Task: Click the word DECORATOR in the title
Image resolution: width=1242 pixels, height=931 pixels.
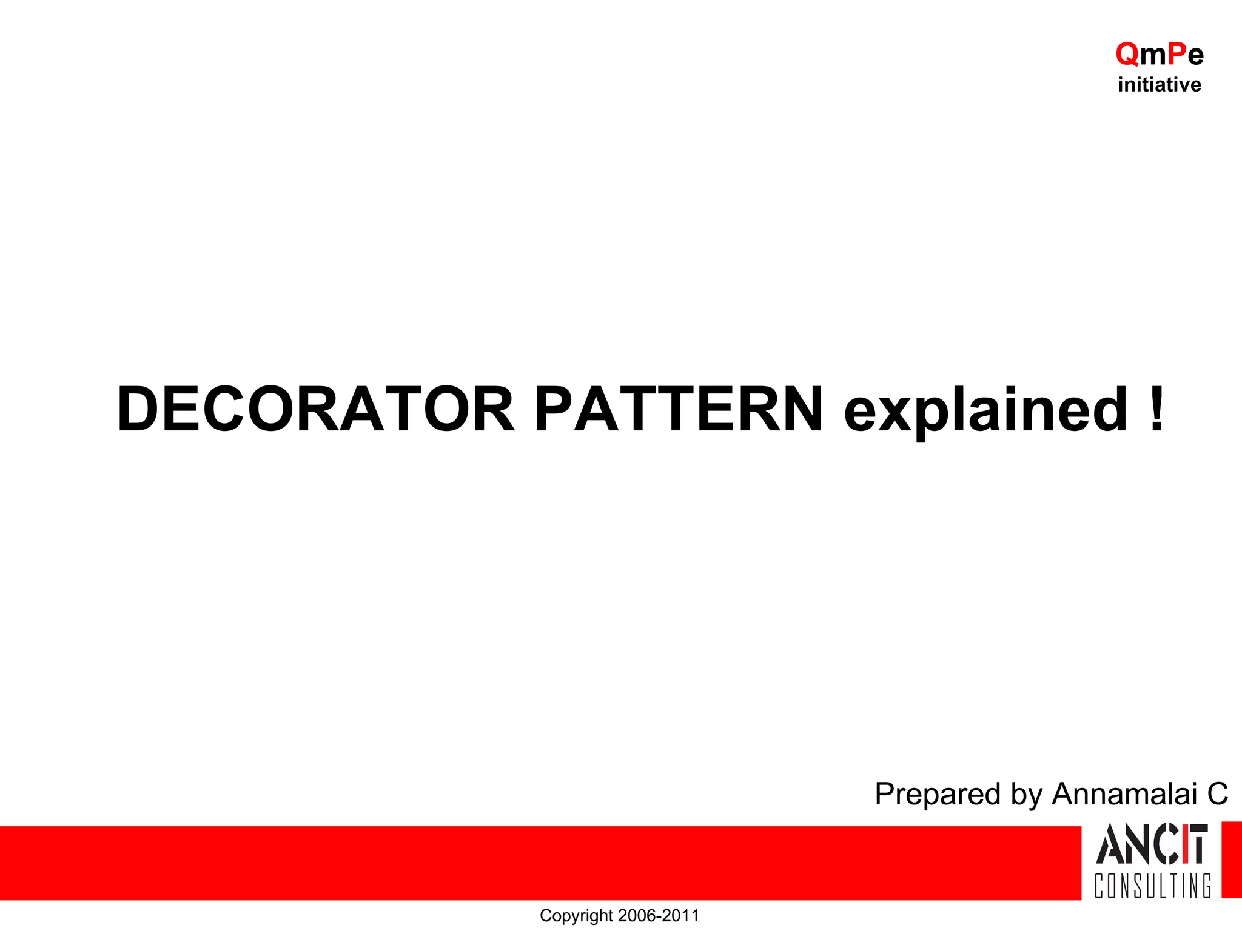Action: point(315,410)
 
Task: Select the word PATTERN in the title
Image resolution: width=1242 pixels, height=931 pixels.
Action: point(678,410)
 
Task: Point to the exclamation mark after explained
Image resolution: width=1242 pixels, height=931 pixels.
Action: point(1156,410)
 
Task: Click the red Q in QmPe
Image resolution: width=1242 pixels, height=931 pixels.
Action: point(1127,55)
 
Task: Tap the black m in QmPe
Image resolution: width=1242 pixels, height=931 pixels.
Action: point(1153,56)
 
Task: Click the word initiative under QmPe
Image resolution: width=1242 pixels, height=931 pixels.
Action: point(1160,85)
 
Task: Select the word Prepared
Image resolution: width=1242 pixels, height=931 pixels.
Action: point(937,794)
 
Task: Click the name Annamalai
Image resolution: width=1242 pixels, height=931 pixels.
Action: point(1125,794)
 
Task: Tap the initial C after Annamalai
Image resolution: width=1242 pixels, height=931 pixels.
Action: point(1217,794)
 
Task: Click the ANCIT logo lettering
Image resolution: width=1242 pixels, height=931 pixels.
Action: point(1152,844)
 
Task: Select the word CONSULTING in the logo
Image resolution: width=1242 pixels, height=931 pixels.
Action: point(1153,886)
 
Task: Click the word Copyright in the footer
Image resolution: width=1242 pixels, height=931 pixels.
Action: point(576,916)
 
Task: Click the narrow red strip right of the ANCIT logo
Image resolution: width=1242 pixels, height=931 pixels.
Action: point(1232,860)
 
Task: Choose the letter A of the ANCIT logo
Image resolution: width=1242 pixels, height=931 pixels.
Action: point(1109,844)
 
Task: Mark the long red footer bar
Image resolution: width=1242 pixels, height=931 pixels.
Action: point(540,863)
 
